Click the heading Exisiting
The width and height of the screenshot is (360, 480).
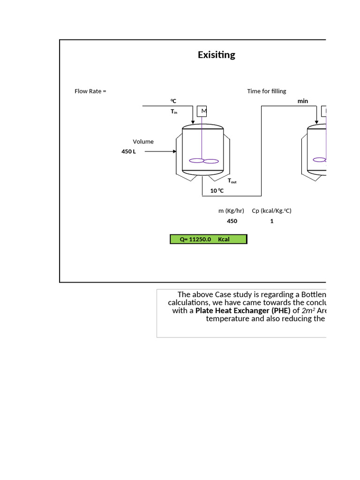(x=216, y=55)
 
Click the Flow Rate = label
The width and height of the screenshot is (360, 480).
(x=90, y=91)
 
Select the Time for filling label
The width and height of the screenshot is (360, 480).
(x=266, y=91)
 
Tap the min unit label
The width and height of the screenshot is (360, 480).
(x=303, y=101)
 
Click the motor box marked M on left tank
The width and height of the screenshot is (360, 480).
(x=202, y=111)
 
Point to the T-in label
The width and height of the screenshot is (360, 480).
(x=173, y=112)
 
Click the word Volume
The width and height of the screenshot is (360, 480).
(x=143, y=142)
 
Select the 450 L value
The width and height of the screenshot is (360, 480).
(x=128, y=151)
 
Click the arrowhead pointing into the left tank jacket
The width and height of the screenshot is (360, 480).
(x=174, y=151)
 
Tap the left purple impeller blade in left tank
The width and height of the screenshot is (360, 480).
(x=196, y=161)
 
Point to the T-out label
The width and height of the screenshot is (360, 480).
(x=232, y=180)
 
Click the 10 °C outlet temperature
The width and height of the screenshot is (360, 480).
(x=217, y=191)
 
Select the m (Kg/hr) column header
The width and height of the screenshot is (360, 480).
(x=231, y=211)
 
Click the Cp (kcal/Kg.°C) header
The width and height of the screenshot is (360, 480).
(x=271, y=211)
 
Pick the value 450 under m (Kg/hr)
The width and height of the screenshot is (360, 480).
(x=232, y=221)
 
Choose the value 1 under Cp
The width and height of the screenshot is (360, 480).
(x=272, y=221)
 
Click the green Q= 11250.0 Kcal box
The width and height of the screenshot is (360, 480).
(x=208, y=239)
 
